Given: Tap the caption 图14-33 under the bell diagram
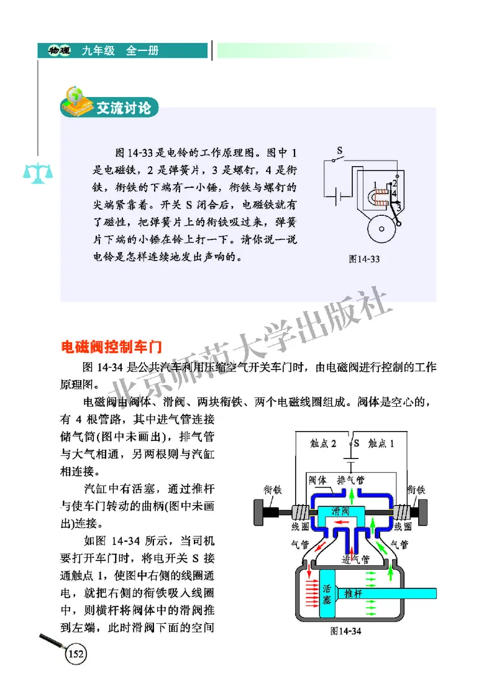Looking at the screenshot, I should point(364,259).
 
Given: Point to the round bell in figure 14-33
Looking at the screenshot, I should point(380,231).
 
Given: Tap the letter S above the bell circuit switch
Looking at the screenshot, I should point(340,151).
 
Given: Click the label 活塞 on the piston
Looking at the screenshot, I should point(329,593).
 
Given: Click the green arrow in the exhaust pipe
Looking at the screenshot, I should point(351,495).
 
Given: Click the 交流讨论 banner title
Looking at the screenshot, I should point(123,108).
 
